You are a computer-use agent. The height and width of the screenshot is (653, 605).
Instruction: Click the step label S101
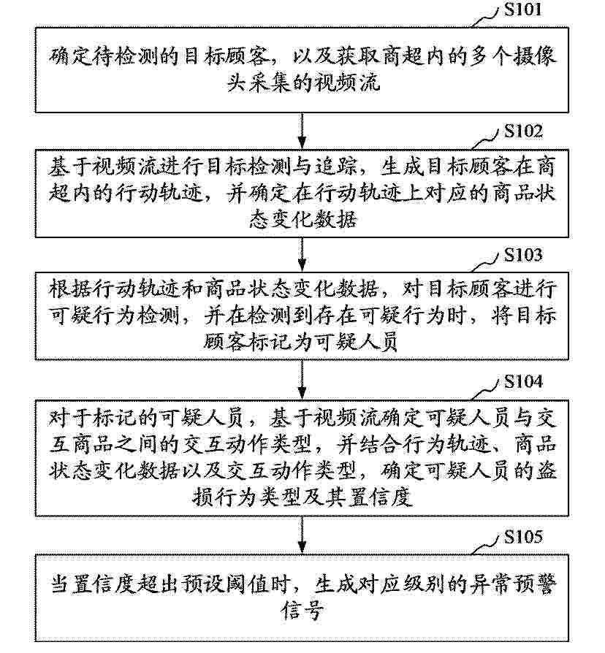523,9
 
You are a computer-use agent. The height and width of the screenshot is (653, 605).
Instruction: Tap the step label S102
523,131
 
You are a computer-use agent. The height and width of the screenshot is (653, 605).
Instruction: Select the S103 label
523,255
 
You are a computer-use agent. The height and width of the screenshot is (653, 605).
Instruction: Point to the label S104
523,381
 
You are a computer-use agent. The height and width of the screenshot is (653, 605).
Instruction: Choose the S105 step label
523,537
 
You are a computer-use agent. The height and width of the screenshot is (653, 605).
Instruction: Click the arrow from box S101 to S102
302,131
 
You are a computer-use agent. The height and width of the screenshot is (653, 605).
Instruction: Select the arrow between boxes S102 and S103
302,254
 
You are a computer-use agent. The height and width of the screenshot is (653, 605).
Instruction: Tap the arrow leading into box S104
302,380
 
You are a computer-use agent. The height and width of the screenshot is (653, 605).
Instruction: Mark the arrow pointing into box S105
302,535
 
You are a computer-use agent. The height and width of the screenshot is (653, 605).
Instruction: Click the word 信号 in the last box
302,611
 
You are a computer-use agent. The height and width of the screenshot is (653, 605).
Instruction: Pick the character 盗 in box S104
546,470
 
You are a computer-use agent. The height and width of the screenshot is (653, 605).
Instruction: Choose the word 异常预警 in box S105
514,584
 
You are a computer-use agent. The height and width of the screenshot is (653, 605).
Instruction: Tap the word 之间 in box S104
159,444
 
